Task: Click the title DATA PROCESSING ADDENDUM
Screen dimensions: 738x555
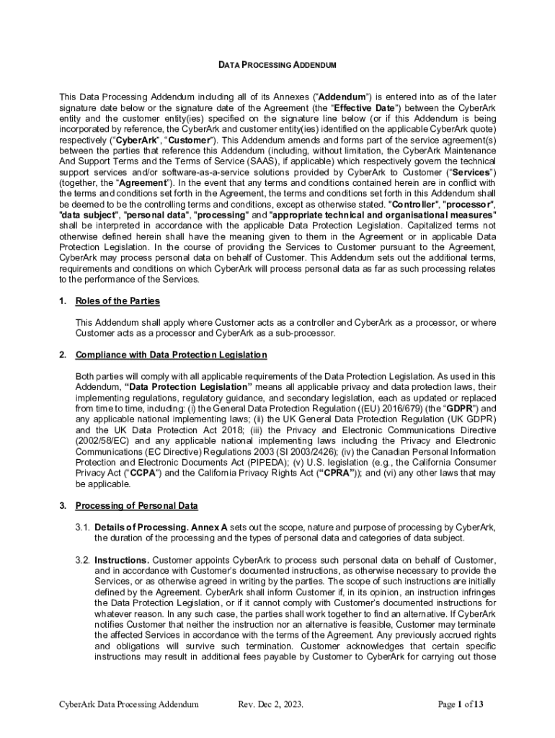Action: tap(277, 66)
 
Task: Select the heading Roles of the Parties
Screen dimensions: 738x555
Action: tap(117, 301)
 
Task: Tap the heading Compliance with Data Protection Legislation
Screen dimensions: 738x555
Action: tap(172, 355)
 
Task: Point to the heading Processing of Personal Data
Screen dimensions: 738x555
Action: tap(136, 506)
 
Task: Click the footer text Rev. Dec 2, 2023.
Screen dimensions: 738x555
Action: tap(270, 704)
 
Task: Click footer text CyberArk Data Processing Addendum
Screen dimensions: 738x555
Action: tap(128, 704)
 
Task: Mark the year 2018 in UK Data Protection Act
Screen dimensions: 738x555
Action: tap(201, 430)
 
